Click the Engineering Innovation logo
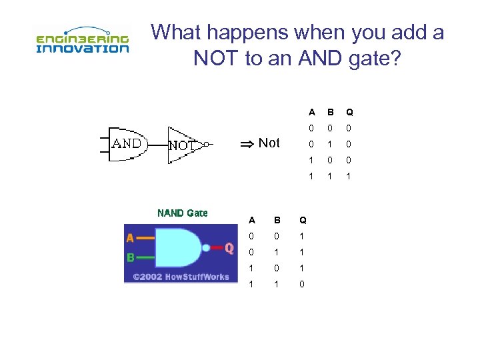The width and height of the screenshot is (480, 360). pos(81,41)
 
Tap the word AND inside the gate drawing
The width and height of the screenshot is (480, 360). pos(127,143)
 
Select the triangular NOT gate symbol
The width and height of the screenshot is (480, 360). pos(184,144)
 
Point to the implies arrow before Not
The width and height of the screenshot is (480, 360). pos(247,143)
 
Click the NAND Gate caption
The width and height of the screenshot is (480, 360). pos(182,213)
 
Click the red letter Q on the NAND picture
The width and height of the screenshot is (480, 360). pos(229,248)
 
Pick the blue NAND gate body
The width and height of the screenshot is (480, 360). pos(179,247)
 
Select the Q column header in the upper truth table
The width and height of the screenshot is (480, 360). pos(349,112)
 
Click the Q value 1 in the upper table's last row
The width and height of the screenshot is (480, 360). pos(349,176)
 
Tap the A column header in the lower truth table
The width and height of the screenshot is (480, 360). pos(251,219)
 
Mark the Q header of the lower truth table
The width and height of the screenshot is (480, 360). pos(303,219)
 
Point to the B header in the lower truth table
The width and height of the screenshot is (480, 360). pos(277,219)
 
